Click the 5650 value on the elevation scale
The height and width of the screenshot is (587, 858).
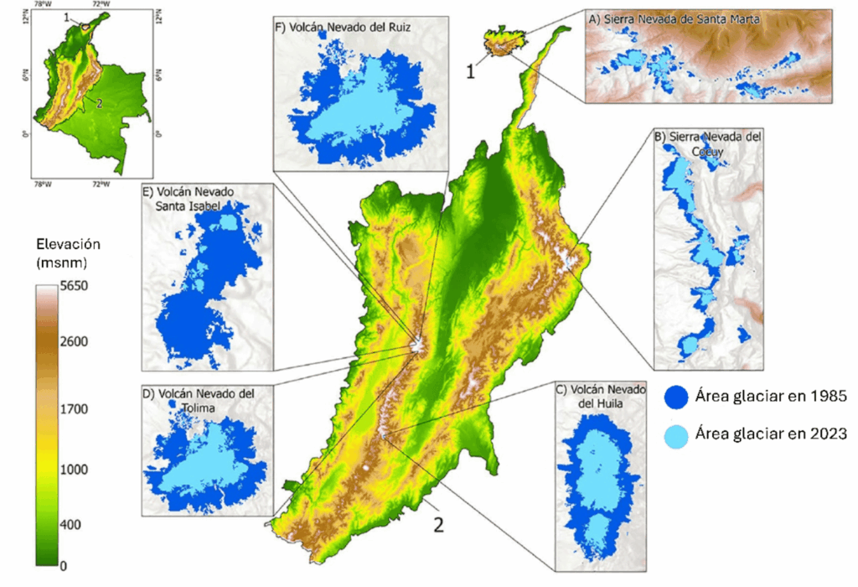click(x=74, y=286)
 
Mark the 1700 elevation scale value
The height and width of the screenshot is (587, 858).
click(x=74, y=409)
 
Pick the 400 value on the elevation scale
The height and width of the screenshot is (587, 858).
click(x=70, y=525)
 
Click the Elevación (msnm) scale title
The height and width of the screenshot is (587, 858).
click(x=70, y=253)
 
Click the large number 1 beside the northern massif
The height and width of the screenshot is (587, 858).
click(x=471, y=71)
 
